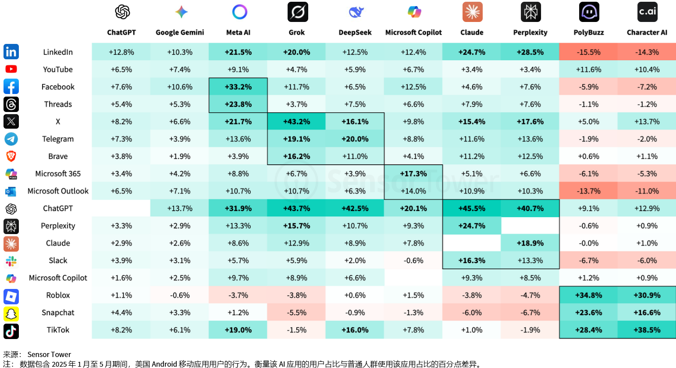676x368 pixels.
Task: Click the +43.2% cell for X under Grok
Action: [296, 122]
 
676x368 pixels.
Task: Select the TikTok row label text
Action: [58, 330]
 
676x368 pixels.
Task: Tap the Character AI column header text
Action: [647, 32]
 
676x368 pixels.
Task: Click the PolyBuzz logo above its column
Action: [589, 12]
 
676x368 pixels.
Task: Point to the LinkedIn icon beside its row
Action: [11, 52]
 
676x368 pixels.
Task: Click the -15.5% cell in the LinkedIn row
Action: [588, 52]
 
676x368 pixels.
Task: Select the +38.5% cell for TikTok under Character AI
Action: [647, 330]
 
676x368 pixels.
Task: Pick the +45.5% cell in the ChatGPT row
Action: [472, 209]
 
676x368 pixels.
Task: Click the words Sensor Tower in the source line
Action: [49, 354]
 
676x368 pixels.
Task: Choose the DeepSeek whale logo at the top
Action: [356, 12]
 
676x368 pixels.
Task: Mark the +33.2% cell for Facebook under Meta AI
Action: [238, 87]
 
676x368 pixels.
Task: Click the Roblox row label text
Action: [58, 296]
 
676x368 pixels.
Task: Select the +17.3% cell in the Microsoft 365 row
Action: [413, 174]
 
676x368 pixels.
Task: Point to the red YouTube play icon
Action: [11, 69]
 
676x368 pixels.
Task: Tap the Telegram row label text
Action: [58, 139]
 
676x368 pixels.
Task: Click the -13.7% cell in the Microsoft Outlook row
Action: [588, 191]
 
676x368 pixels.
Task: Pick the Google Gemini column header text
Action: [180, 32]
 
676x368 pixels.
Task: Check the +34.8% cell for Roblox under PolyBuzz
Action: [588, 296]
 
